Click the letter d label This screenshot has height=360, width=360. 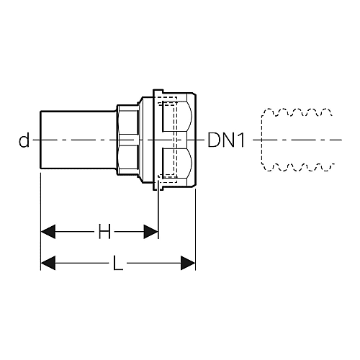(24, 140)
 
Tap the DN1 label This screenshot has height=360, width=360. (226, 140)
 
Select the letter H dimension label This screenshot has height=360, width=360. (104, 232)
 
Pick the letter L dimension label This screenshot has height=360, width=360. (118, 263)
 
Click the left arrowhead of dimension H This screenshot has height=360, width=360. (48, 232)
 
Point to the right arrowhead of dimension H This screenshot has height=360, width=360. (151, 232)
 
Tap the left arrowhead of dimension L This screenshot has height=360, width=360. (48, 263)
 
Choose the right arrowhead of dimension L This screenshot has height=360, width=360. (188, 263)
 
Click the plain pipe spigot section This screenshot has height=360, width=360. (78, 140)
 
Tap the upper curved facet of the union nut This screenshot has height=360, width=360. (177, 117)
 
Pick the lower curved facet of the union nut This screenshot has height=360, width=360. (177, 163)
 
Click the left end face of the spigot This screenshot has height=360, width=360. (40, 140)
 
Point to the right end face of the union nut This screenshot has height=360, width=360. (196, 140)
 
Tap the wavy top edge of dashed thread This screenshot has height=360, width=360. (297, 112)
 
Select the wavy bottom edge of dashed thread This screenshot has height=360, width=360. (297, 167)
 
